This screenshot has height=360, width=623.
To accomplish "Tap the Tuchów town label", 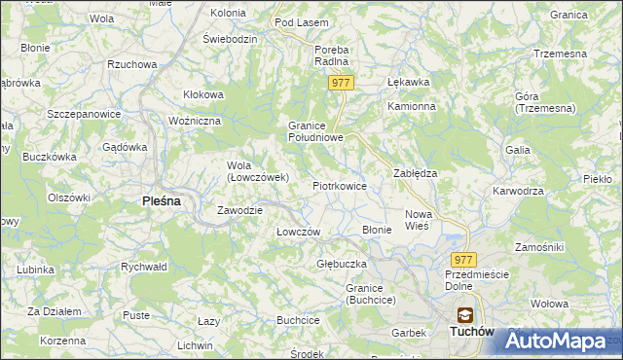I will [x=472, y=332].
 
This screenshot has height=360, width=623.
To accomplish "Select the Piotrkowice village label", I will [x=339, y=185].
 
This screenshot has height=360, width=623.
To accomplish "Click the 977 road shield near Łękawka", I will [x=340, y=84].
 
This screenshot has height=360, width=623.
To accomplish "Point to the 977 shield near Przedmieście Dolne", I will [x=463, y=259].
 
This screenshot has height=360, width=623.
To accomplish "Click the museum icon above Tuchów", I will [x=466, y=314].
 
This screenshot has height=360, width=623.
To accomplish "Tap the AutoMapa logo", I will [x=562, y=342].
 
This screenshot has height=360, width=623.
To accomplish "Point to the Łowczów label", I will [x=298, y=232].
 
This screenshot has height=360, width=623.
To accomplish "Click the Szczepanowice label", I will [x=83, y=114].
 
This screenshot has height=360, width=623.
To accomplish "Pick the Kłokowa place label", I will [x=204, y=94].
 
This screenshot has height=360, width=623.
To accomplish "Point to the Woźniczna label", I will [x=196, y=121].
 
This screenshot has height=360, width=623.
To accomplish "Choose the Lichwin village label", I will [x=195, y=345].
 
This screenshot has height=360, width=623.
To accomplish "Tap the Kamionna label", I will [x=409, y=106].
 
